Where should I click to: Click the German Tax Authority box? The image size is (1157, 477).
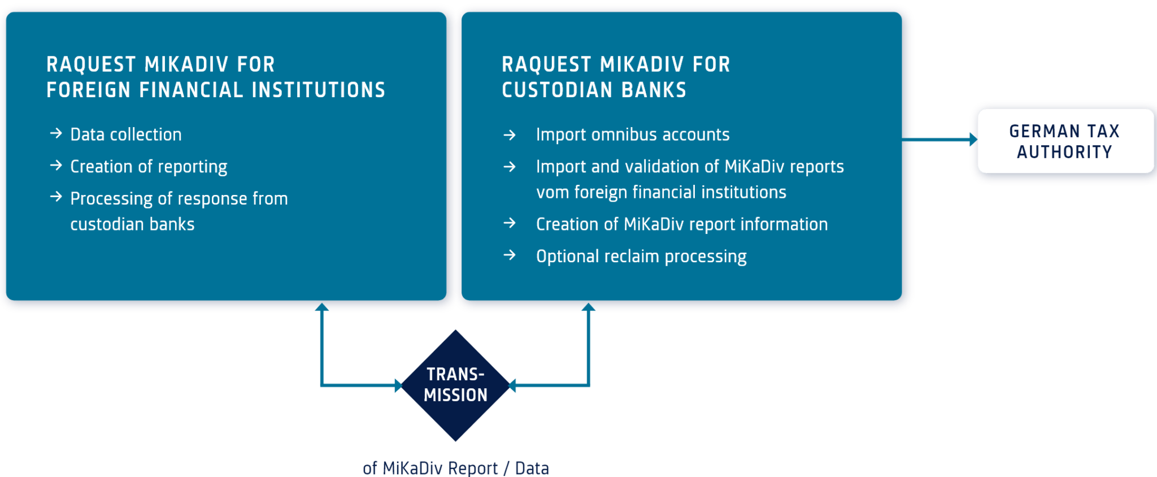(1064, 141)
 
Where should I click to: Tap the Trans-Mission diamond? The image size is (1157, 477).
(455, 385)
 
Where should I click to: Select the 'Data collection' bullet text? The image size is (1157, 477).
(126, 135)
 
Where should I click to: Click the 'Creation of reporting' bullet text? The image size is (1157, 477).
(149, 167)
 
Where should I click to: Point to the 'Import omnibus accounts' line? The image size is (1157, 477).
(632, 135)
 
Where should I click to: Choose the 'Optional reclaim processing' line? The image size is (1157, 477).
(641, 257)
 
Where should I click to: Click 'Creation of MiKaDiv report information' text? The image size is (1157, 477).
(681, 224)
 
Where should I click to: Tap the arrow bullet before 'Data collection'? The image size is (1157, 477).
(56, 133)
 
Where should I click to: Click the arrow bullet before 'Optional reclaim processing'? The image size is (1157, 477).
(510, 255)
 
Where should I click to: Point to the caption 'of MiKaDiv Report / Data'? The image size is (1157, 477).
(455, 468)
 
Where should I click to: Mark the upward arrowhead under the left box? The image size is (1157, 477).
(321, 308)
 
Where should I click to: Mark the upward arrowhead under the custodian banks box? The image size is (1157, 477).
(588, 308)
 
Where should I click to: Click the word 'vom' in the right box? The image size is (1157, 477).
(552, 193)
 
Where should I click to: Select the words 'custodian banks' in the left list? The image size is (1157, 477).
(132, 224)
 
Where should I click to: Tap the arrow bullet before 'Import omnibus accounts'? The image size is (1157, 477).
(510, 135)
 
